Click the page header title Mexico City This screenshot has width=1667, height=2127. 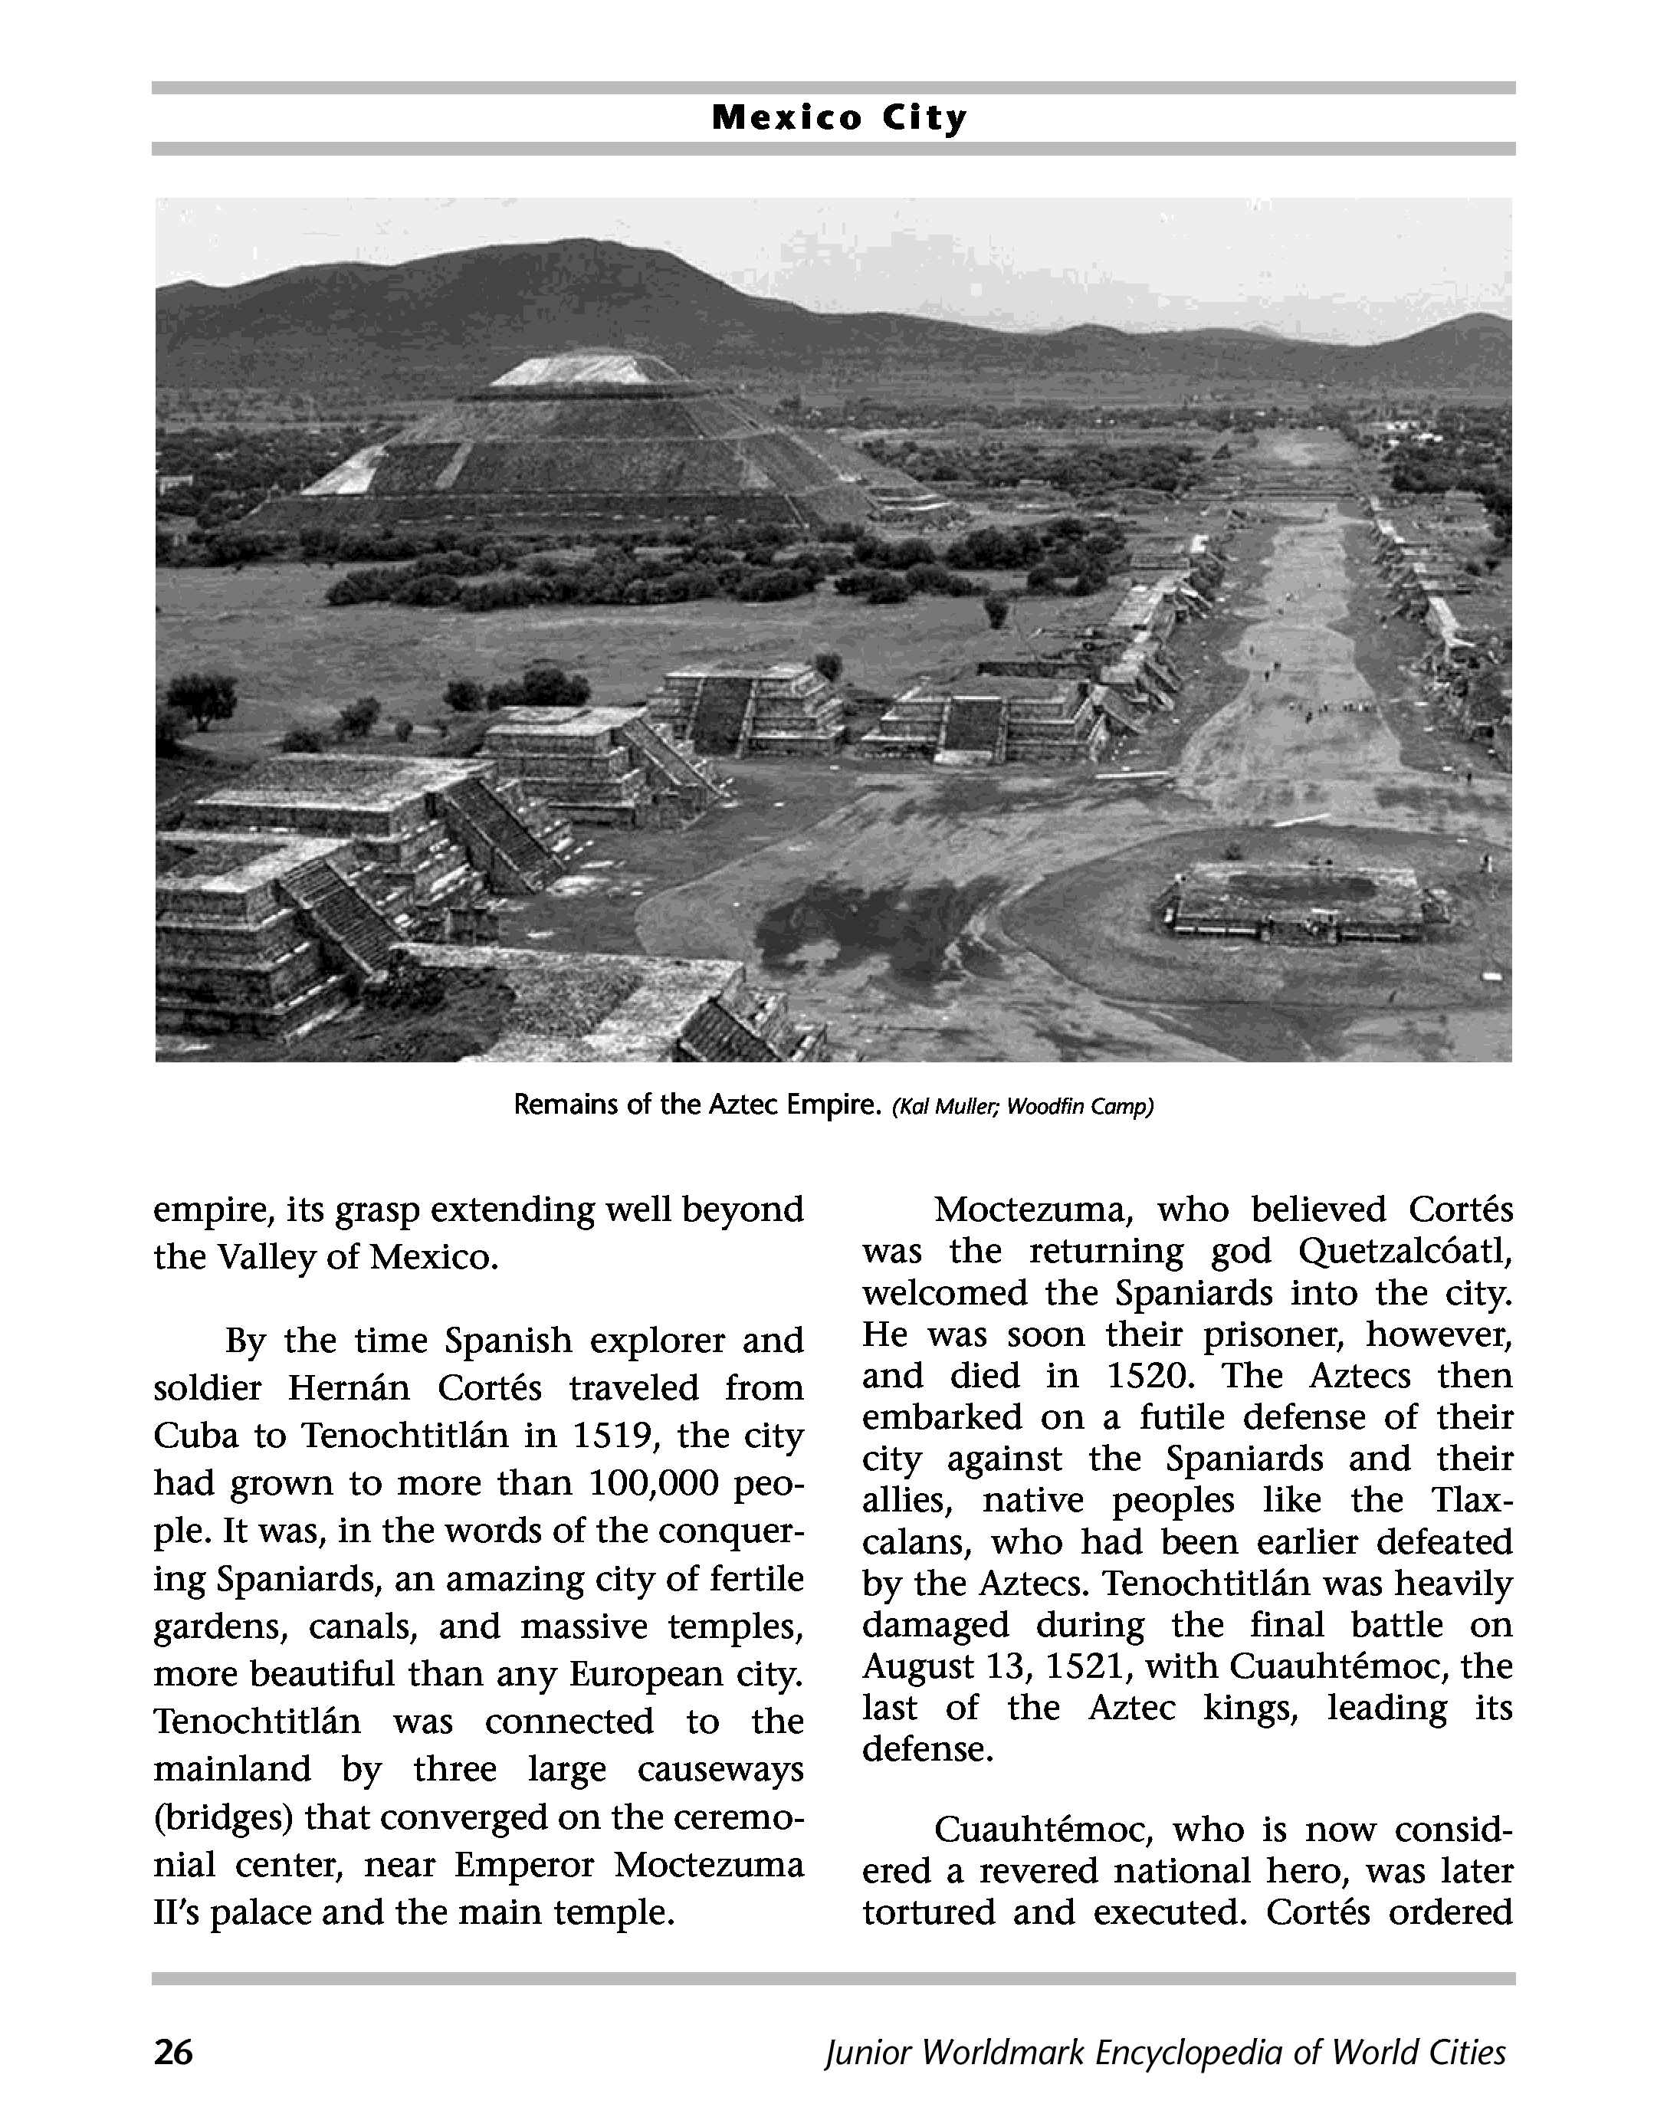click(838, 118)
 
